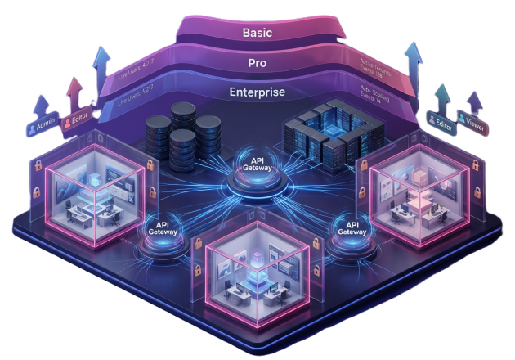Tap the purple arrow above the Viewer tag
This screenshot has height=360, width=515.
469,101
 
